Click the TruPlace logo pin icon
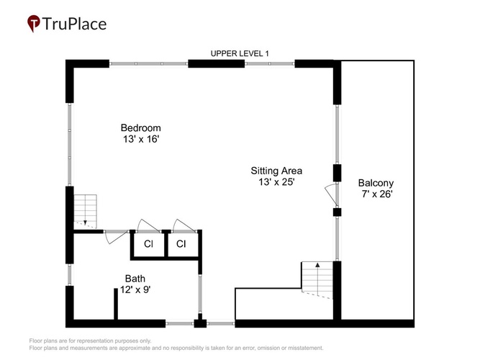(x=33, y=24)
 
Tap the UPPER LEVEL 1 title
(x=240, y=53)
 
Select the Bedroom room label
(x=141, y=127)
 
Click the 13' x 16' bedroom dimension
(x=141, y=139)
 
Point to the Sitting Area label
(x=276, y=171)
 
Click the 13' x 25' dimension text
(x=276, y=182)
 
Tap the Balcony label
(x=376, y=183)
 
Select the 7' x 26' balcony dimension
(x=377, y=194)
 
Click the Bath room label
(x=135, y=279)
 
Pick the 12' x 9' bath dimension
(x=135, y=289)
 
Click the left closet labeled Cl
(x=148, y=244)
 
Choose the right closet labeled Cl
(x=181, y=244)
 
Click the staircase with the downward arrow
(x=85, y=212)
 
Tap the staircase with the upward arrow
(x=317, y=280)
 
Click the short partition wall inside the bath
(x=116, y=304)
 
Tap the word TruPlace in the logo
(x=74, y=24)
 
